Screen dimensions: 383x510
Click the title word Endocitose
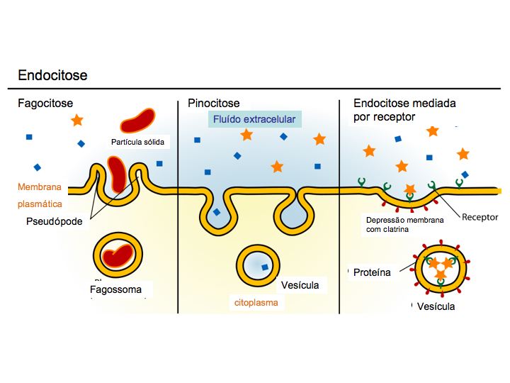pos(52,75)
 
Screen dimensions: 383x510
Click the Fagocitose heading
pos(45,104)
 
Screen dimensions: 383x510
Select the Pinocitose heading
pos(214,104)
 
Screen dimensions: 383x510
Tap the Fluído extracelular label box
pos(254,119)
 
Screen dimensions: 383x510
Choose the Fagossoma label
pos(115,289)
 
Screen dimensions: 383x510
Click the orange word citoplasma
pos(256,302)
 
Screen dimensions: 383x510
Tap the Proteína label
pos(371,272)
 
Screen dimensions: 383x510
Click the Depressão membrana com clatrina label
pos(404,225)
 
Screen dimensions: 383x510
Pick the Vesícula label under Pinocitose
pos(300,285)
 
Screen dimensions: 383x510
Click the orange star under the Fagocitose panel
pos(76,121)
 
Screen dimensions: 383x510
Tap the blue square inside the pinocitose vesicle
pos(264,267)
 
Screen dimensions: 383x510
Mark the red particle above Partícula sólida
pos(137,121)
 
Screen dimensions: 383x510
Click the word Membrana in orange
pos(40,188)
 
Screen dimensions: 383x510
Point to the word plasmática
pos(40,204)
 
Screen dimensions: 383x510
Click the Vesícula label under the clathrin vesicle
pos(436,306)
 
